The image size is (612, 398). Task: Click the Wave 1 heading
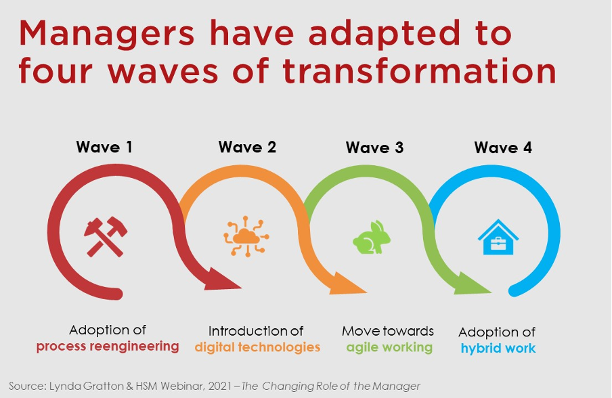[104, 147]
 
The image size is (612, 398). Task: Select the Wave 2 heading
[247, 147]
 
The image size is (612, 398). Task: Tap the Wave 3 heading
[374, 148]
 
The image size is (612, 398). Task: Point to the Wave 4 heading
[503, 148]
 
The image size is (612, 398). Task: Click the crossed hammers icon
[106, 236]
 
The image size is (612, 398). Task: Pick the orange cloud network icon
[246, 236]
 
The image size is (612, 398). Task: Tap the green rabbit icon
[372, 238]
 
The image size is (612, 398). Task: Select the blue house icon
[498, 237]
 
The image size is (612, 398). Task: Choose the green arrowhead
[473, 284]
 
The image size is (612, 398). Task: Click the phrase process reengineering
[108, 347]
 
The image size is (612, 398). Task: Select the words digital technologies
[257, 347]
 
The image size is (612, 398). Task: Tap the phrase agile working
[389, 347]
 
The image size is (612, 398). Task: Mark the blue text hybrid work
[498, 348]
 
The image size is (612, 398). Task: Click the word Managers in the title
[106, 35]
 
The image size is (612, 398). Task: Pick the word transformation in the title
[420, 71]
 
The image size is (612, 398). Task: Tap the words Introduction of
[256, 331]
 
